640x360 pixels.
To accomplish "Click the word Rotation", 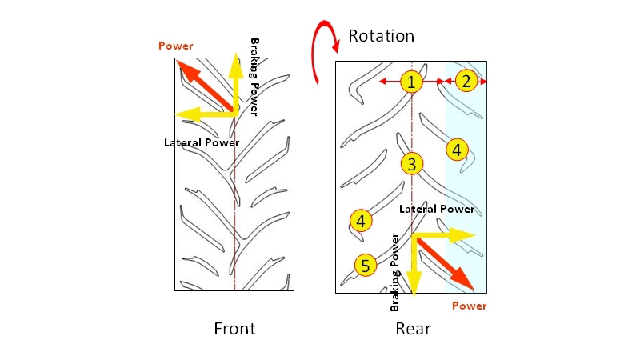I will point(381,35).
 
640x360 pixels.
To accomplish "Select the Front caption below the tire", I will point(234,328).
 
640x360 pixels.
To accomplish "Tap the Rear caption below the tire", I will point(413,328).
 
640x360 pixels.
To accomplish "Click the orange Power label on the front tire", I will point(176,46).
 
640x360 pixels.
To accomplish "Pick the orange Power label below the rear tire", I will point(469,306).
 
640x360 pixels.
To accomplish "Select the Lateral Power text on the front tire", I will point(202,142).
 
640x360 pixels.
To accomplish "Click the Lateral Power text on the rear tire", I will point(436,209).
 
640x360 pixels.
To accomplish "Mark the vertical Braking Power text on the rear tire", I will point(394,273).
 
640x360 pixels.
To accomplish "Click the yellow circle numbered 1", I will point(411,82).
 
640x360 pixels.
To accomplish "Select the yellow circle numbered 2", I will point(466,80).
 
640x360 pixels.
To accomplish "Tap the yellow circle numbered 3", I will point(411,165).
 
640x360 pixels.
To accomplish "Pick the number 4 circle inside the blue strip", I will point(456,149).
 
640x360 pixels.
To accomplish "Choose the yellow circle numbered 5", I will point(365,265).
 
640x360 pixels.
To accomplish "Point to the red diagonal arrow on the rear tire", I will point(443,261).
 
